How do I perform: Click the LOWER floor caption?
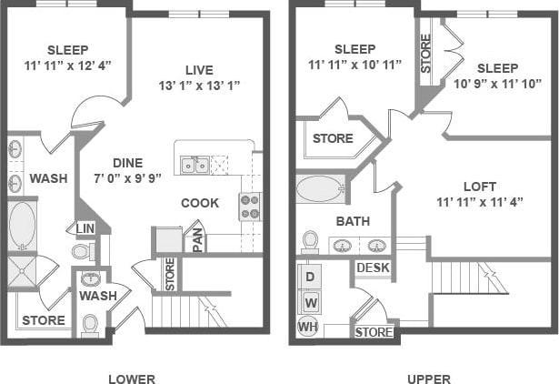(x=131, y=379)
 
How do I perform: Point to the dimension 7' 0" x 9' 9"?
(x=126, y=178)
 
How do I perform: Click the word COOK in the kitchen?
(x=199, y=203)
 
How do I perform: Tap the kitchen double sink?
(x=195, y=165)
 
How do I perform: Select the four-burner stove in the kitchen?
(x=250, y=207)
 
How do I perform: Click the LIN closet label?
(x=85, y=227)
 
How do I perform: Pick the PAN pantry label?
(x=197, y=239)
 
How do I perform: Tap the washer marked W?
(x=309, y=301)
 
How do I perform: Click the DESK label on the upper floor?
(x=373, y=268)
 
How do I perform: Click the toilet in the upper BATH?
(x=310, y=240)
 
